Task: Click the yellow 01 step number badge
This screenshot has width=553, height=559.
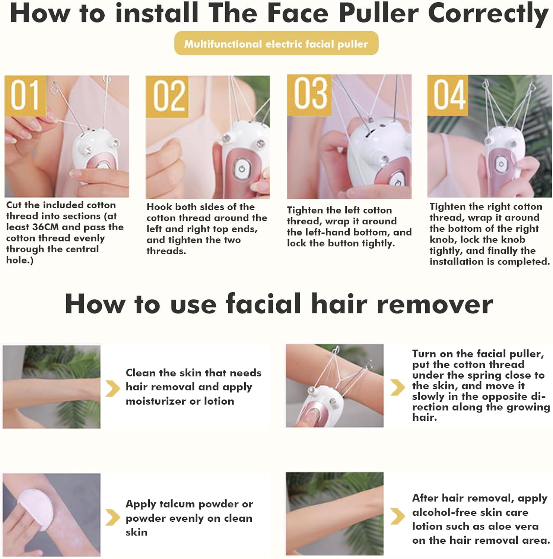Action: [25, 95]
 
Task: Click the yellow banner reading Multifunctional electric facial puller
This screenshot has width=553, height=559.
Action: [276, 44]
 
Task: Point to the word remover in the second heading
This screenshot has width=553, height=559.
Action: [435, 304]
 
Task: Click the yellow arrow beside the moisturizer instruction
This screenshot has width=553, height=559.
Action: [113, 388]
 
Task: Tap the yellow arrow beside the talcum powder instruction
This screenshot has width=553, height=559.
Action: [112, 517]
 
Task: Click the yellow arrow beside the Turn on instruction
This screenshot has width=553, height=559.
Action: [397, 388]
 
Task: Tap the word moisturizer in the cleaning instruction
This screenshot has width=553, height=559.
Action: [156, 401]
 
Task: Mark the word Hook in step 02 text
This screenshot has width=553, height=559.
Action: [159, 207]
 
